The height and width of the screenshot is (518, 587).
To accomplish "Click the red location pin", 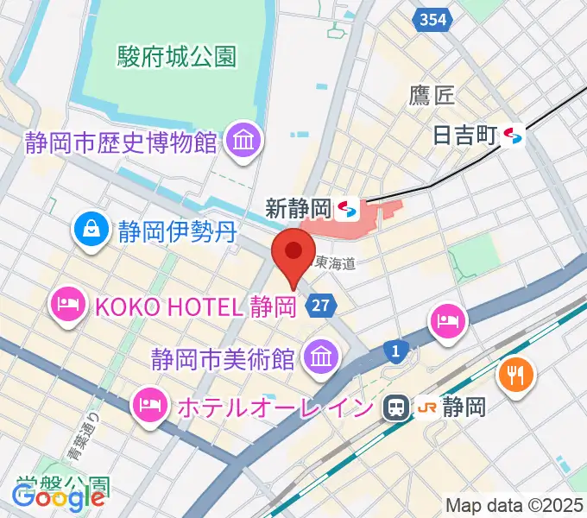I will pos(293,253).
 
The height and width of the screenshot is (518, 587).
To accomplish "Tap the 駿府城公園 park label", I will pos(176,57).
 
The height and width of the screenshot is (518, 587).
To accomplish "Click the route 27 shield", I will pos(319,305).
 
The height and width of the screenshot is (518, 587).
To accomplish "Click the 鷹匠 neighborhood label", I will pos(432,95).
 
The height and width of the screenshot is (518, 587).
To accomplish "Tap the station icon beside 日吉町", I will pos(514,135).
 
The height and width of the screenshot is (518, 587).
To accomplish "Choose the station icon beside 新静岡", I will pos(348,208).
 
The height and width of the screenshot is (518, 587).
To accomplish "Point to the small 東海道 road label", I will pos(335,262).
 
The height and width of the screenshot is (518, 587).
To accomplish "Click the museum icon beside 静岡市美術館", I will pos(320,355).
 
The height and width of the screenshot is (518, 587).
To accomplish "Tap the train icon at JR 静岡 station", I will pos(397,407).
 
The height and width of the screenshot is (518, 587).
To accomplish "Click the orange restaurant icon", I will pos(517,374).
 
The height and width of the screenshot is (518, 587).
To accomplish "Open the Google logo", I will pos(58,498).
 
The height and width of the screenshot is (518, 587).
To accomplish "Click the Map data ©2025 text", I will pos(514,504).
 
